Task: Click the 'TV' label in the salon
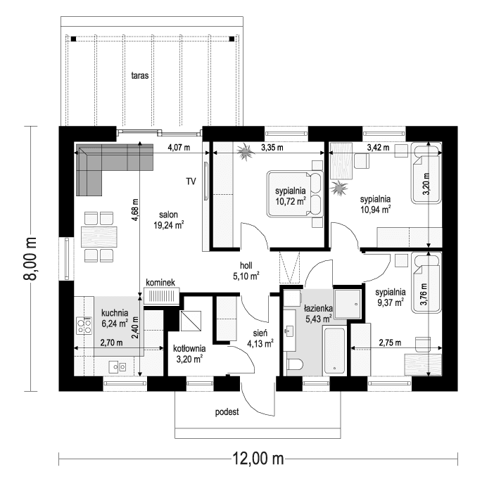[x=191, y=181]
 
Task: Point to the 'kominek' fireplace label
[x=161, y=282]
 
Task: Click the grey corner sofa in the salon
[x=106, y=162]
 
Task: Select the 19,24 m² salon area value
[x=168, y=226]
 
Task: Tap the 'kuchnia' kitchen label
[x=114, y=314]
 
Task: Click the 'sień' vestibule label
[x=260, y=334]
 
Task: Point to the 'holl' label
[x=246, y=266]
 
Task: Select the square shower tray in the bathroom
[x=346, y=303]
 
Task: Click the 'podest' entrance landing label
[x=227, y=411]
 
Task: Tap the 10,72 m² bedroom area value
[x=290, y=201]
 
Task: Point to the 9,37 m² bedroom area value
[x=389, y=302]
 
